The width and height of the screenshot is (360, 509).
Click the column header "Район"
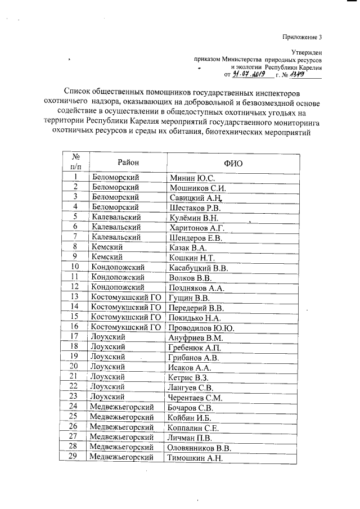coord(128,163)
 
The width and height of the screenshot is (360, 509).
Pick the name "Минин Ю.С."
coord(188,178)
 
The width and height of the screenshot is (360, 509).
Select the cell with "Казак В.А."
coord(188,247)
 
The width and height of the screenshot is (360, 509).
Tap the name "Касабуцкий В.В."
coord(197,267)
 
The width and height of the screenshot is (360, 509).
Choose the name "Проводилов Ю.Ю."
coord(201,327)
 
